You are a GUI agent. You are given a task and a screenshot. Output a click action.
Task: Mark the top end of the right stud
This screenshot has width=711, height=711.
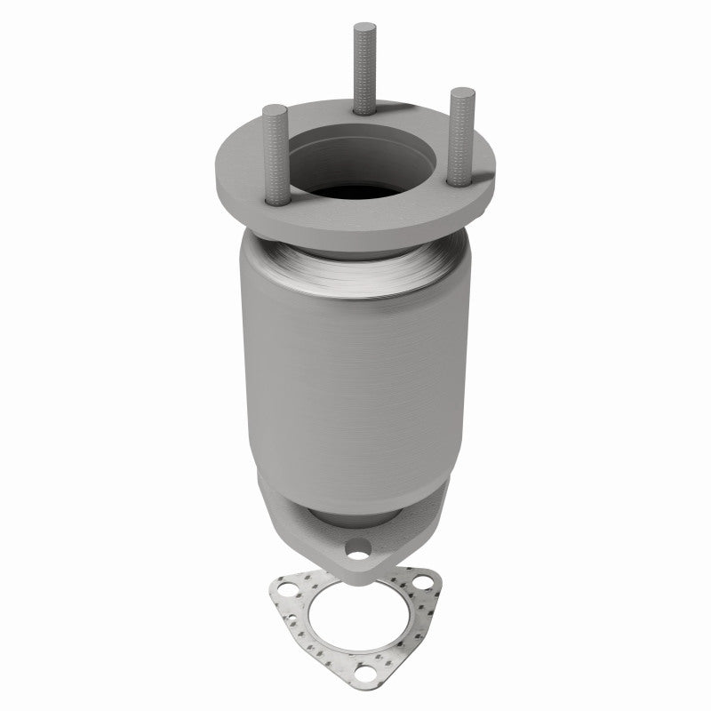(x=462, y=92)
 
